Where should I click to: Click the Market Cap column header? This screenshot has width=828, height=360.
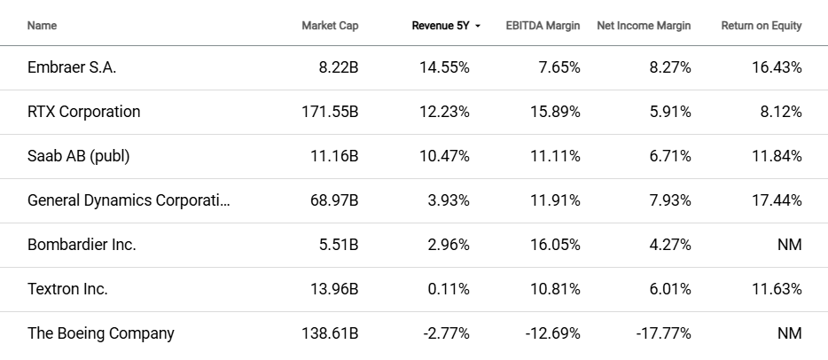coord(330,26)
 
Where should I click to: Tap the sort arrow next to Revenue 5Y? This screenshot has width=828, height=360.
coord(479,27)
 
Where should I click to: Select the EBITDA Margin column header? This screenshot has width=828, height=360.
coord(543,26)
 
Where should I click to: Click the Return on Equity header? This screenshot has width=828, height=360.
coord(761,26)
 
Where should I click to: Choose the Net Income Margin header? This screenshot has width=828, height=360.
coord(644,26)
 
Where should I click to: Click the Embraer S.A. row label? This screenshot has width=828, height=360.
coord(72,67)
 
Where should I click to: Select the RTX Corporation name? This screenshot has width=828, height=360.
coord(84,112)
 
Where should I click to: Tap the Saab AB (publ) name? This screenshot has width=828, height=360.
coord(79,156)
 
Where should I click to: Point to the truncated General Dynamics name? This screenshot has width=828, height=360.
coord(129,200)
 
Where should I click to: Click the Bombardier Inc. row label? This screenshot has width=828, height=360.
coord(82,245)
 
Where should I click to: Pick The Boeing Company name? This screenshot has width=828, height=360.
coord(101,333)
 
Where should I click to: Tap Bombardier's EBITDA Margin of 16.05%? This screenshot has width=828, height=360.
coord(555,245)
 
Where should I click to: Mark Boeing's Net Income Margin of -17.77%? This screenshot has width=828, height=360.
coord(663,333)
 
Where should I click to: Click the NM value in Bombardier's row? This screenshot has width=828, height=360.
coord(787,245)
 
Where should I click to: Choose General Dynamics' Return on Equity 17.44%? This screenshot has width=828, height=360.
coord(777,200)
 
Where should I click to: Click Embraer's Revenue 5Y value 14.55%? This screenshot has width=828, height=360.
coord(444,67)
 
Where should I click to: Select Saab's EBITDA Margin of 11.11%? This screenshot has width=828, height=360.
coord(556,156)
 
